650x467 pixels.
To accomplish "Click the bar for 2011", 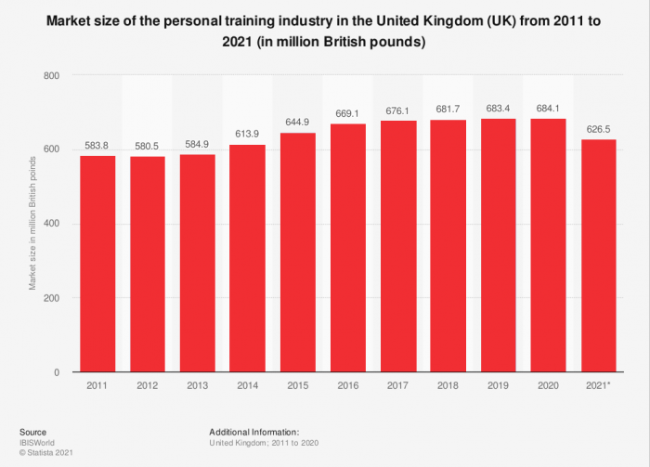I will tap(97, 264).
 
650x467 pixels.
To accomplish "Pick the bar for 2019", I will tap(499, 245).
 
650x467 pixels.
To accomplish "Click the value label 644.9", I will tap(298, 122).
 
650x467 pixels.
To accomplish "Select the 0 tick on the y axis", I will tap(57, 372).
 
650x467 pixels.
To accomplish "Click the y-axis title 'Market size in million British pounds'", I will tap(33, 224).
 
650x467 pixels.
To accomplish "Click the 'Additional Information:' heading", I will tap(253, 432).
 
